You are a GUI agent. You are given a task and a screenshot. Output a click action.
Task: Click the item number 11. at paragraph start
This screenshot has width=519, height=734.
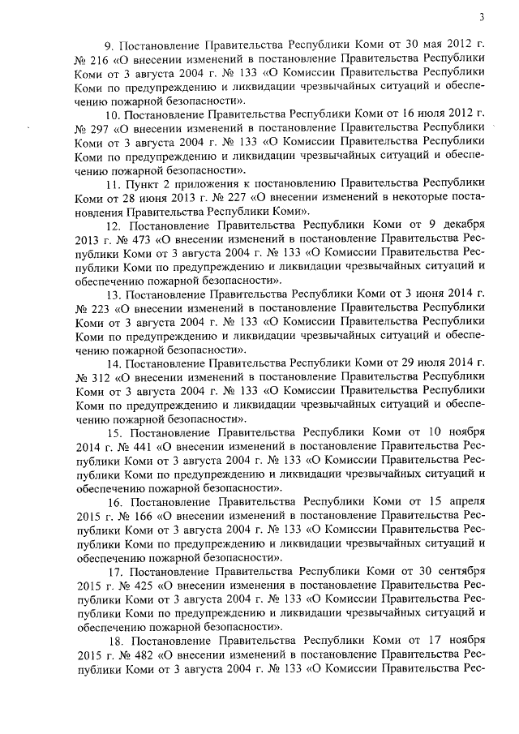[x=113, y=185]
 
